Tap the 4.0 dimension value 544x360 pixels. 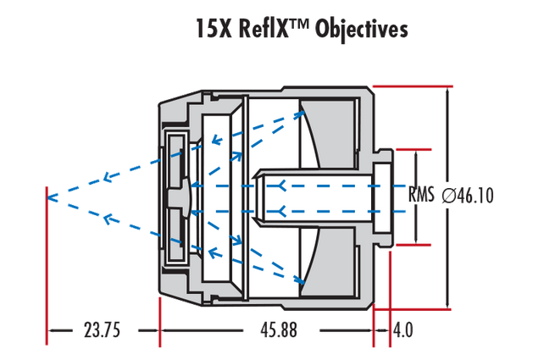pos(402,330)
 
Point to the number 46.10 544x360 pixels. pos(475,196)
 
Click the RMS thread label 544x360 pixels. pos(421,195)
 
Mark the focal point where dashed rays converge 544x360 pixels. pos(48,197)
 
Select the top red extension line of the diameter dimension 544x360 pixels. pos(411,86)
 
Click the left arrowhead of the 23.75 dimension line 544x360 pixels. pos(51,330)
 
